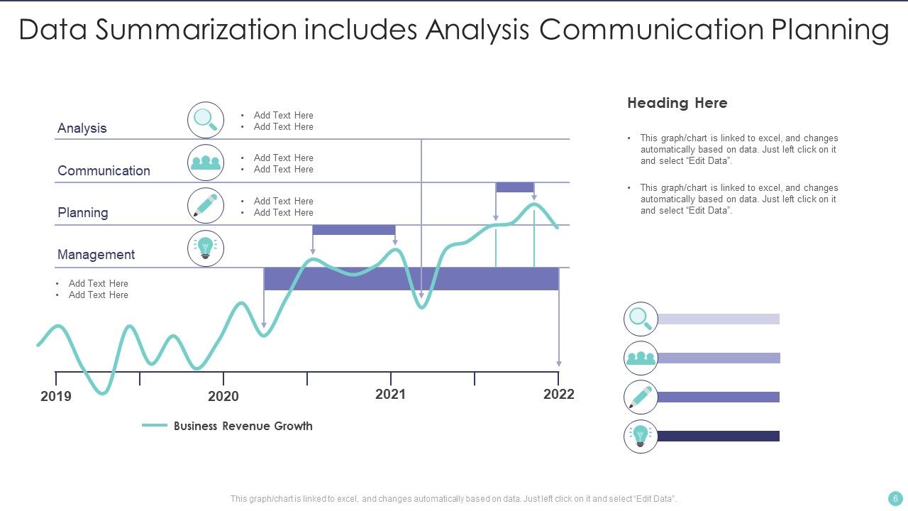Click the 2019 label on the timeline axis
[56, 396]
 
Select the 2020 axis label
[223, 396]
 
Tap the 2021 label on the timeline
[390, 394]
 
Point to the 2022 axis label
[558, 394]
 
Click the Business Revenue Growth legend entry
[243, 426]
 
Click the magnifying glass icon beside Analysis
[206, 120]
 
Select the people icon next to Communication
[206, 163]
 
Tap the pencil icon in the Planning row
[206, 206]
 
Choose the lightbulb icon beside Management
[206, 248]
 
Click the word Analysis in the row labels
[82, 128]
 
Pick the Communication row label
[104, 171]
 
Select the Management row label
[96, 255]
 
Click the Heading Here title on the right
[677, 103]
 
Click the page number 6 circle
[895, 498]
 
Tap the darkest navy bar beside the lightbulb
[719, 436]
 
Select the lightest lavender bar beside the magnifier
[719, 319]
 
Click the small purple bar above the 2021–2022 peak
[515, 187]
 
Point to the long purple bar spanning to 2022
[411, 279]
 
